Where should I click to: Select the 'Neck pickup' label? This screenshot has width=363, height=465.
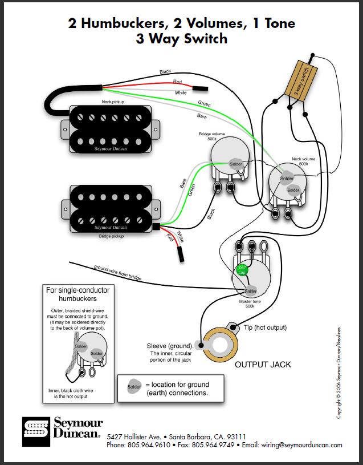[114, 101]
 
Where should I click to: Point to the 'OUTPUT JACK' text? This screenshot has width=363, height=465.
[263, 363]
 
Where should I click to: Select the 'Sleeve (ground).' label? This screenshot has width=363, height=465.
[170, 346]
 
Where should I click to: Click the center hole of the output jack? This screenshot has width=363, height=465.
[219, 345]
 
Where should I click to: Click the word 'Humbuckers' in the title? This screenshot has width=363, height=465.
[121, 24]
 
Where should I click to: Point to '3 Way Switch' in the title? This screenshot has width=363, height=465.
[181, 39]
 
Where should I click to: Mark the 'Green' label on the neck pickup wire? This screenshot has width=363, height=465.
[203, 104]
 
